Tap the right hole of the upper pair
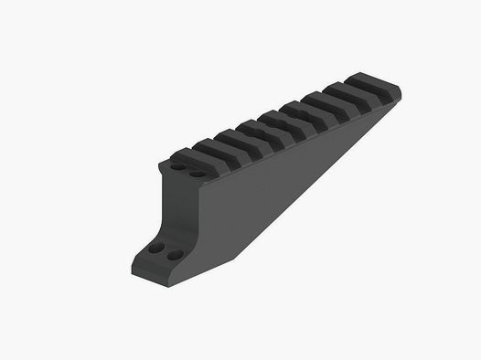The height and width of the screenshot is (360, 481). coord(197,172)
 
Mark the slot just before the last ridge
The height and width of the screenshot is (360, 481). coord(364,94)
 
